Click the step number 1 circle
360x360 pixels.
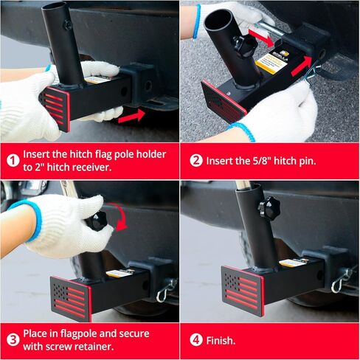13,160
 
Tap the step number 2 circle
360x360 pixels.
195,160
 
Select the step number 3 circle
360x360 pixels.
13,340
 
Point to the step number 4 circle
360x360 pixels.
195,340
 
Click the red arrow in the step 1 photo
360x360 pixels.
131,115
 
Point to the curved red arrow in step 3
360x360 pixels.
120,217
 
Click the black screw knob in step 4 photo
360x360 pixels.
269,208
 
